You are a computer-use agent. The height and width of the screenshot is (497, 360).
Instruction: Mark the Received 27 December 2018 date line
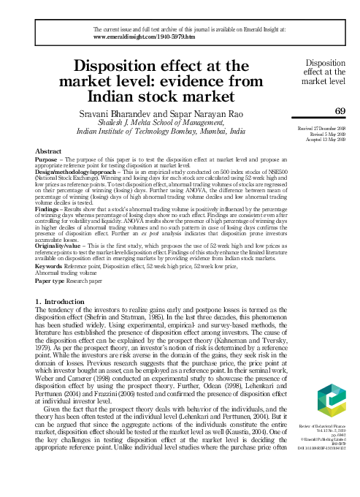[321, 127]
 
